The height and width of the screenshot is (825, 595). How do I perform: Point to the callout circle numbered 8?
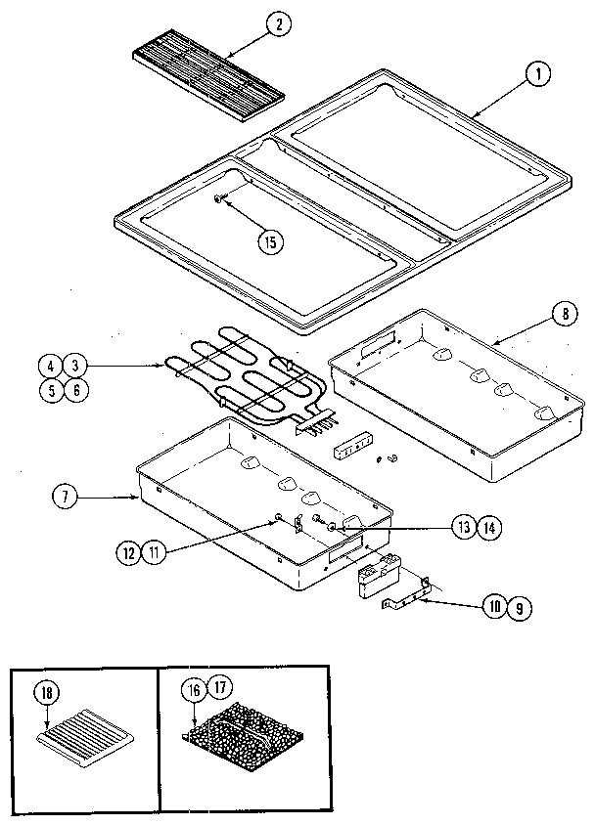tap(565, 315)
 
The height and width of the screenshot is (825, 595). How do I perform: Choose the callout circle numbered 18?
tap(45, 696)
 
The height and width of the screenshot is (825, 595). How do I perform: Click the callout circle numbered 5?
tap(49, 389)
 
